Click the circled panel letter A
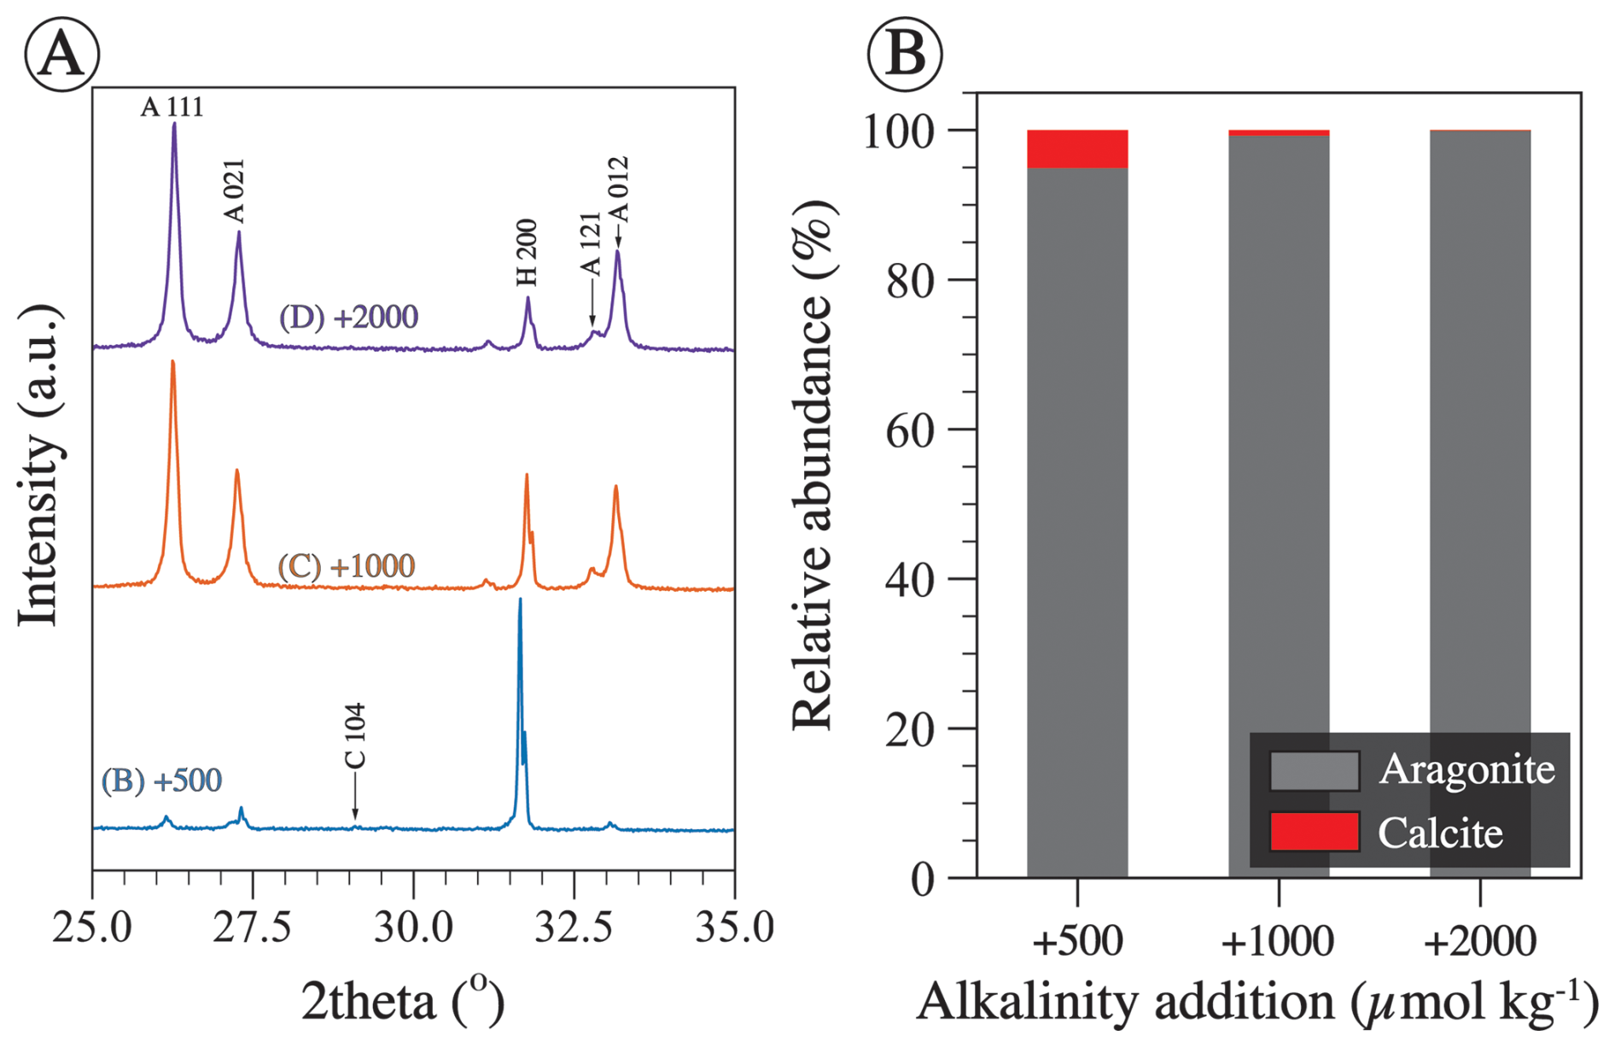click(61, 54)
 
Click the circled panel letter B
click(905, 54)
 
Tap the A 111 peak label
click(172, 107)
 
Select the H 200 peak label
click(527, 253)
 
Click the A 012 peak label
click(618, 190)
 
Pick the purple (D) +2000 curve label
click(348, 317)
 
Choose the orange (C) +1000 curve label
click(347, 565)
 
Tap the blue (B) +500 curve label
click(161, 780)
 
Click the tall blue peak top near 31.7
click(520, 601)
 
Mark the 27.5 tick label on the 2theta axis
click(253, 928)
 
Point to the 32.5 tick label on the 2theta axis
click(574, 928)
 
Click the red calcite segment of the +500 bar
click(1077, 149)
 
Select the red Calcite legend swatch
click(1314, 832)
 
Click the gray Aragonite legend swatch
click(1314, 770)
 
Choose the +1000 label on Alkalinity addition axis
click(1278, 942)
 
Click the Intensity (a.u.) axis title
click(40, 466)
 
